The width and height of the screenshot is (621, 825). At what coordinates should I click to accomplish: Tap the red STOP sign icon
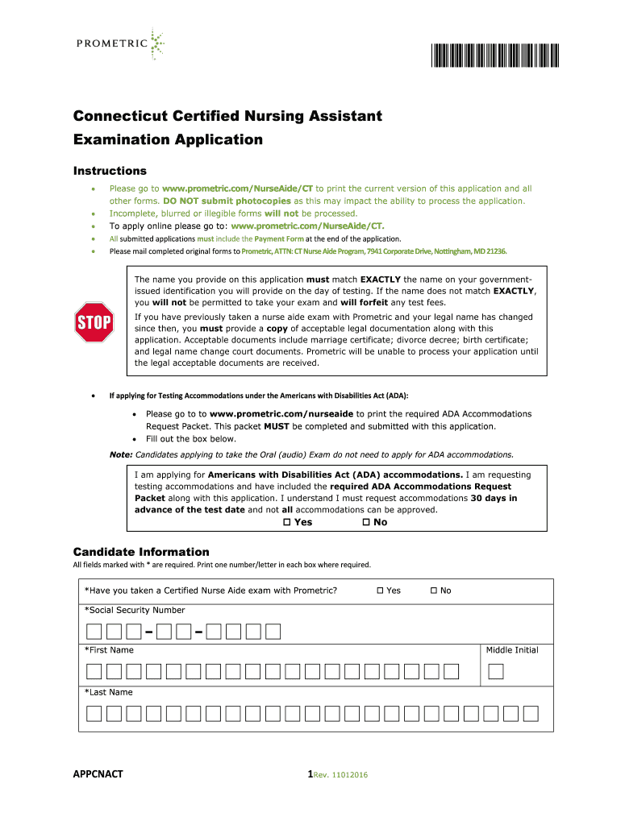(94, 322)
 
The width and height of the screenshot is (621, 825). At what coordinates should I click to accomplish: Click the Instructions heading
(110, 171)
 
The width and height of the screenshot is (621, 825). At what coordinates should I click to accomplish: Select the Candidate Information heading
(141, 552)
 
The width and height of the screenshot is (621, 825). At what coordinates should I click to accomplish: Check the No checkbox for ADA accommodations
(366, 522)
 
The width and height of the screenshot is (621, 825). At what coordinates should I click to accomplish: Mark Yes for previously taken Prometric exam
(380, 591)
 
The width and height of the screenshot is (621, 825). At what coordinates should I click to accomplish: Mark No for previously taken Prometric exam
(434, 591)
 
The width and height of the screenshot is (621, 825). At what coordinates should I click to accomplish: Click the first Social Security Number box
(94, 631)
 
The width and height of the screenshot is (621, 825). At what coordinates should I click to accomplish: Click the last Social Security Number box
(273, 631)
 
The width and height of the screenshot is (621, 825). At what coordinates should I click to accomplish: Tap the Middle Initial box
(496, 671)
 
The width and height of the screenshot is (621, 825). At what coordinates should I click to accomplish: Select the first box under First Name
(94, 671)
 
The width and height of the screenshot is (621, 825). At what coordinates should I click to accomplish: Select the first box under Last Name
(94, 713)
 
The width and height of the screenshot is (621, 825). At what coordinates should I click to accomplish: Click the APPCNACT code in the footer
(98, 774)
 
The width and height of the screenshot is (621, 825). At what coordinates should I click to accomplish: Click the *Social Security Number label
(135, 610)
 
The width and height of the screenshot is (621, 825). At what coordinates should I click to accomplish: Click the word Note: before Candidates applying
(121, 454)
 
